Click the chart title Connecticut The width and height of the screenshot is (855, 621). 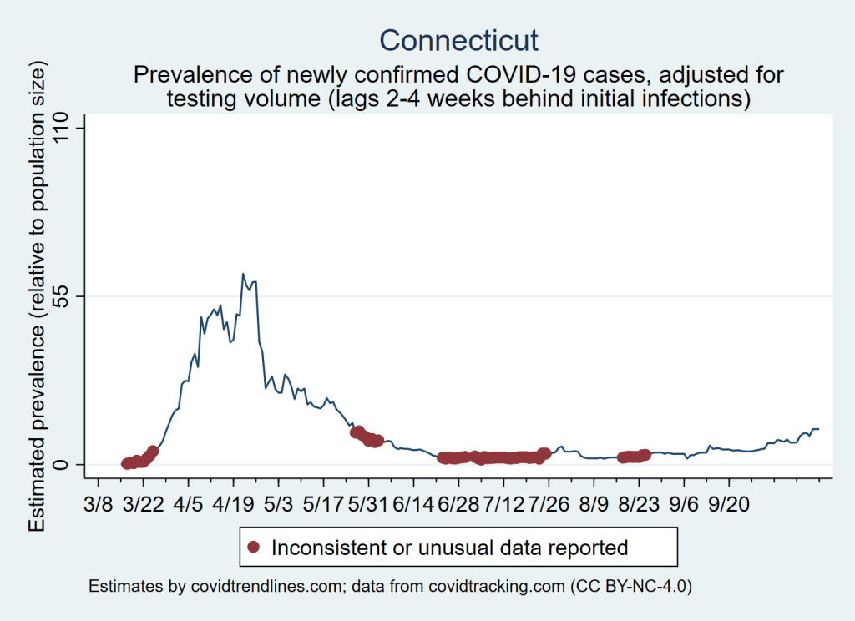coord(458,40)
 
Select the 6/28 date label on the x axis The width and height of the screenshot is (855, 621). coord(458,507)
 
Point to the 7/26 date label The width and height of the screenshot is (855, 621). coord(548,507)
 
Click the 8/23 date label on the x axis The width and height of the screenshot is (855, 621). coord(638,507)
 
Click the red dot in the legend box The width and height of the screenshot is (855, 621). coord(255,548)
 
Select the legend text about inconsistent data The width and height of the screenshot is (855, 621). coord(449,548)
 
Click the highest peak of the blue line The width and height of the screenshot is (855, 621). coord(243,274)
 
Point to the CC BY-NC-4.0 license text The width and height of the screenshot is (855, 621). coord(631,587)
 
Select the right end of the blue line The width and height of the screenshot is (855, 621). coord(819,429)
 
